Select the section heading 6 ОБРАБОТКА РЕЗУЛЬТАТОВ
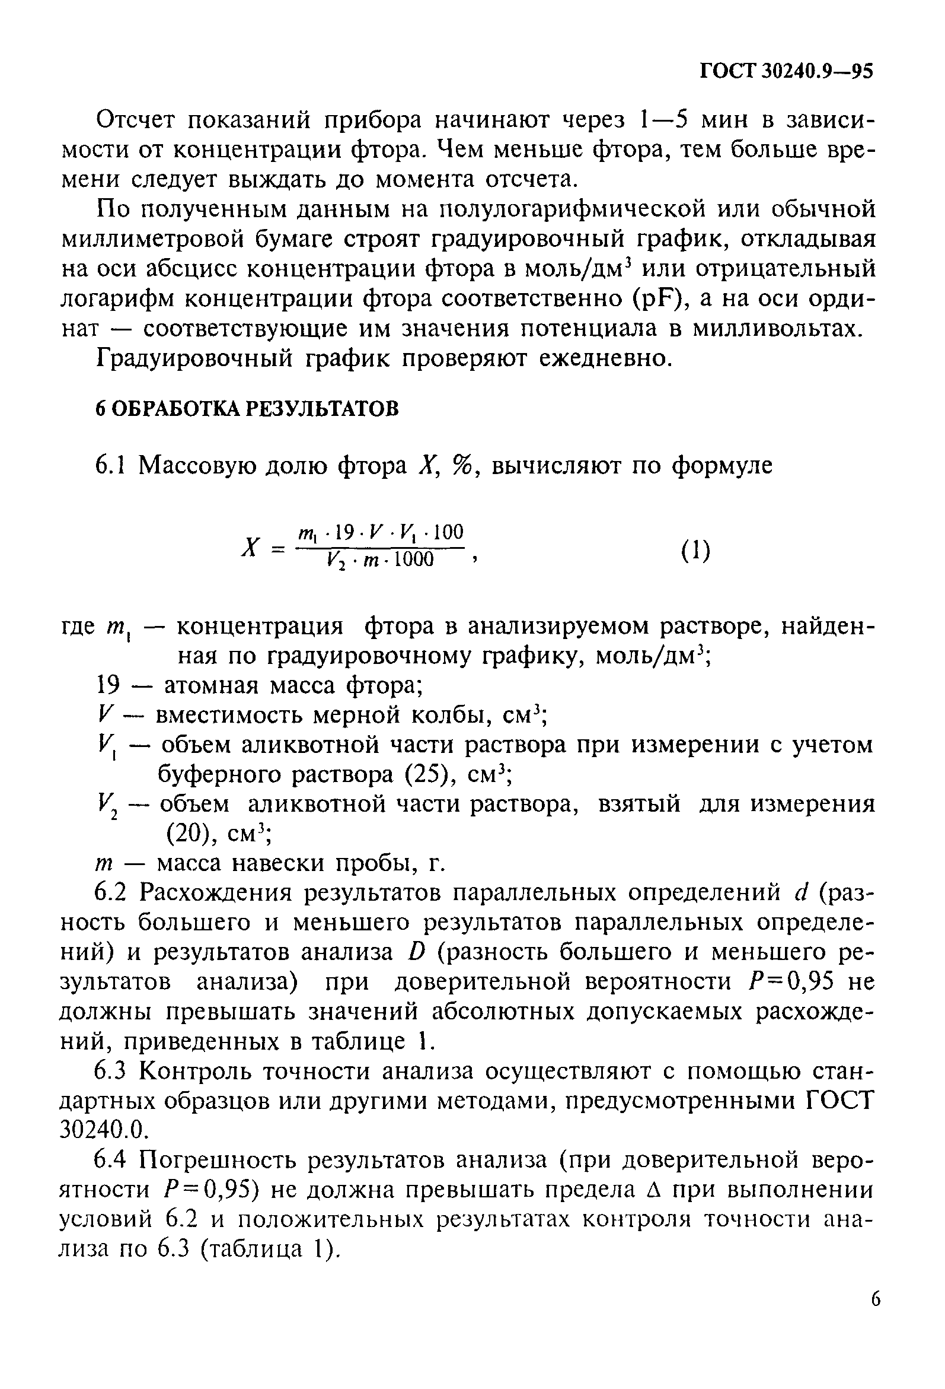(x=247, y=409)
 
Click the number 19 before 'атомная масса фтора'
(x=108, y=685)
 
